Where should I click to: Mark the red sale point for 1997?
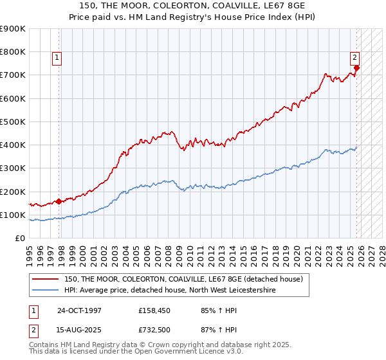click(59, 201)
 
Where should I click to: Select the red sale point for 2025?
click(357, 67)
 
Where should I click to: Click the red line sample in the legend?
click(46, 279)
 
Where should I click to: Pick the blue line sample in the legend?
click(46, 291)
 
